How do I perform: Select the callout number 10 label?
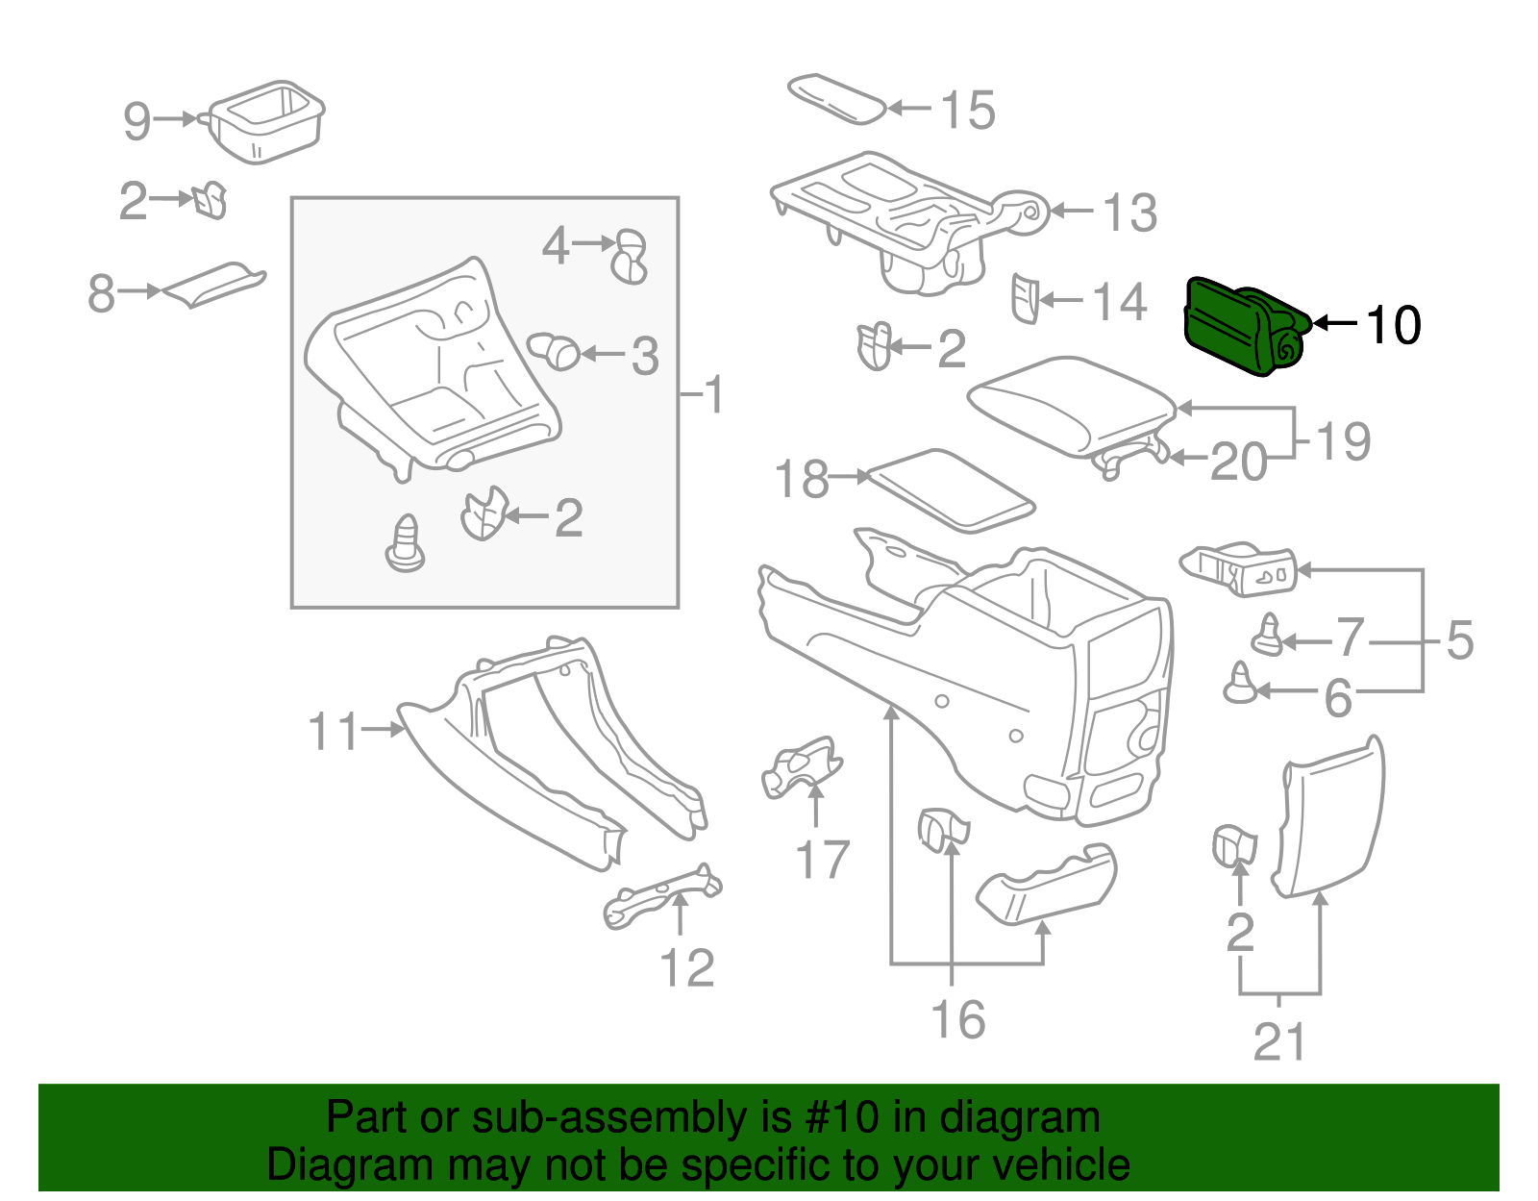tap(1393, 325)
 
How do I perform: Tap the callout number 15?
tap(967, 110)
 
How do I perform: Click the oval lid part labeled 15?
tap(836, 98)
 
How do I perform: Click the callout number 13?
tap(1129, 213)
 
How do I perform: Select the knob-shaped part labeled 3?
tap(556, 350)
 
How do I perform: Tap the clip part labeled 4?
tap(630, 256)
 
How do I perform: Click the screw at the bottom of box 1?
tap(406, 545)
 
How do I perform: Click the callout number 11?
tap(333, 732)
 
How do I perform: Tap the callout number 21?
tap(1279, 1042)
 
